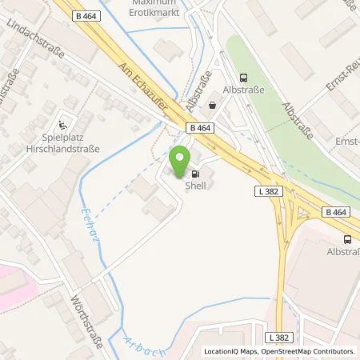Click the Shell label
pyautogui.click(x=195, y=185)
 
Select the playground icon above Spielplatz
pyautogui.click(x=63, y=124)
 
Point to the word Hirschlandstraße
pyautogui.click(x=62, y=148)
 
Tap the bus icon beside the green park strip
pyautogui.click(x=244, y=78)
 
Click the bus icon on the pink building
pyautogui.click(x=347, y=238)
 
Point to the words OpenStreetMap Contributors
pyautogui.click(x=307, y=351)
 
